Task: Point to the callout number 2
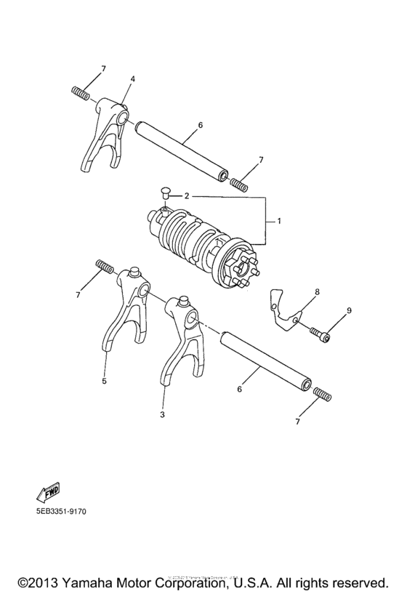(187, 196)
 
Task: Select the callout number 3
(162, 414)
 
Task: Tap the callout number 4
(132, 78)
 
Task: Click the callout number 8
(317, 291)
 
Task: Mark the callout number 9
(348, 311)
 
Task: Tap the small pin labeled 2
(164, 193)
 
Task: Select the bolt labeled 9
(321, 334)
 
